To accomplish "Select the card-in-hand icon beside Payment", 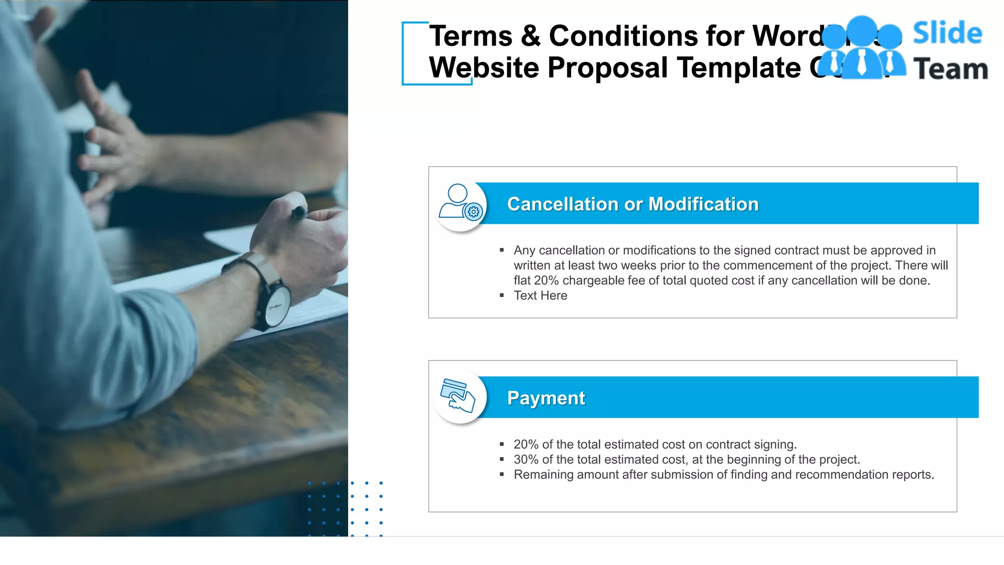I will click(458, 395).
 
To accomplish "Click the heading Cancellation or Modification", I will click(632, 204).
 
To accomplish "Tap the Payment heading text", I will click(546, 398).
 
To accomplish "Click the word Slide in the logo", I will click(947, 33).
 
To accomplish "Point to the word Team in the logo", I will click(950, 69).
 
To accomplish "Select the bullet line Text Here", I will click(540, 296).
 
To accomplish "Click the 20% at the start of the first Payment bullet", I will click(526, 444).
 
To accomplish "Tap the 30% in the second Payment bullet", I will click(526, 460).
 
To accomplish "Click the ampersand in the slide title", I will click(530, 36).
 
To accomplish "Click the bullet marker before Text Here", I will click(502, 296).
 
